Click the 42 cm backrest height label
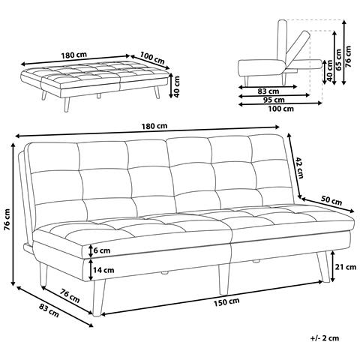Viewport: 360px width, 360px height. [x=299, y=167]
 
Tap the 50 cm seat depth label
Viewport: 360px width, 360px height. [x=331, y=200]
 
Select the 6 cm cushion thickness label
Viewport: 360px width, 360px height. [x=102, y=250]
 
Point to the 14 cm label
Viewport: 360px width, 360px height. [x=103, y=270]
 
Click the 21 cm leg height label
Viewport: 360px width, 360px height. [x=346, y=267]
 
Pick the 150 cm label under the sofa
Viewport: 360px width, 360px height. [x=226, y=301]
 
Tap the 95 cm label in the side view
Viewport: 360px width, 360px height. [x=274, y=100]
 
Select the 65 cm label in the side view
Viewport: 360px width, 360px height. [x=338, y=59]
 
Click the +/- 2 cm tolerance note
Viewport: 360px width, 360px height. [x=325, y=338]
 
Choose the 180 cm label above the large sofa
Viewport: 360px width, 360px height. [x=154, y=126]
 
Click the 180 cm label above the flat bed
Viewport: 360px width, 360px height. [x=74, y=55]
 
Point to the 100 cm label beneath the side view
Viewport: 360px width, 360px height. [x=281, y=109]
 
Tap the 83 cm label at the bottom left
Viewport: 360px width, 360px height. [x=49, y=310]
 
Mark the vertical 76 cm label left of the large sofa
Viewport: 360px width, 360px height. [x=7, y=219]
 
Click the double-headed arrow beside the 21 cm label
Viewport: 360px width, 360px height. [x=333, y=267]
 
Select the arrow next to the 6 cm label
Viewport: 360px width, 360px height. [x=91, y=250]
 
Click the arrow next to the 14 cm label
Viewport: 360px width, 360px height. [x=91, y=269]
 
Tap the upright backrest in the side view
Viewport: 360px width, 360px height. [x=283, y=40]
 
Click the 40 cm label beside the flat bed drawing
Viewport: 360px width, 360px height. [x=177, y=86]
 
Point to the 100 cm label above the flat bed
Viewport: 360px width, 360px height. [x=152, y=58]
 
